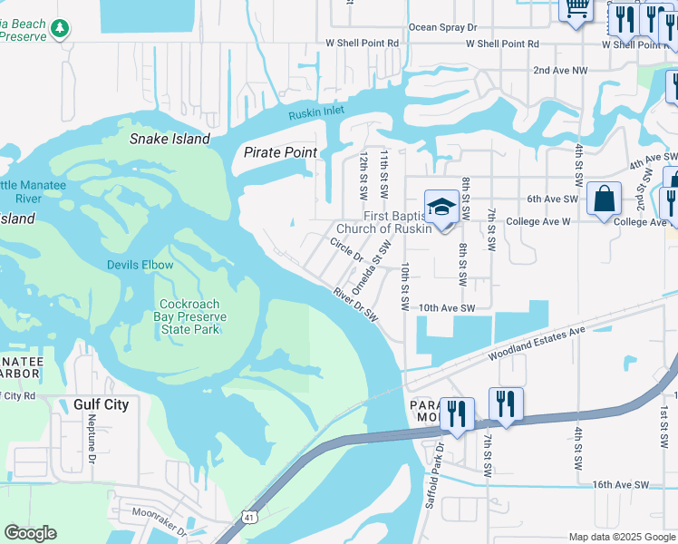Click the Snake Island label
pyautogui.click(x=169, y=139)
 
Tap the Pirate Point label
pyautogui.click(x=280, y=152)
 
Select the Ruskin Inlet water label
pyautogui.click(x=317, y=113)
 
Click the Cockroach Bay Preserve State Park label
pyautogui.click(x=192, y=317)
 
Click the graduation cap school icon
pyautogui.click(x=441, y=208)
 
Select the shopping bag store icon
pyautogui.click(x=604, y=199)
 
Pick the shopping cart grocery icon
pyautogui.click(x=576, y=9)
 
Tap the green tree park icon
pyautogui.click(x=60, y=28)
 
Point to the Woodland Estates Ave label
pyautogui.click(x=536, y=345)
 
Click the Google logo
pyautogui.click(x=30, y=533)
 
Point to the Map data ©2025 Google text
pyautogui.click(x=621, y=537)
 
